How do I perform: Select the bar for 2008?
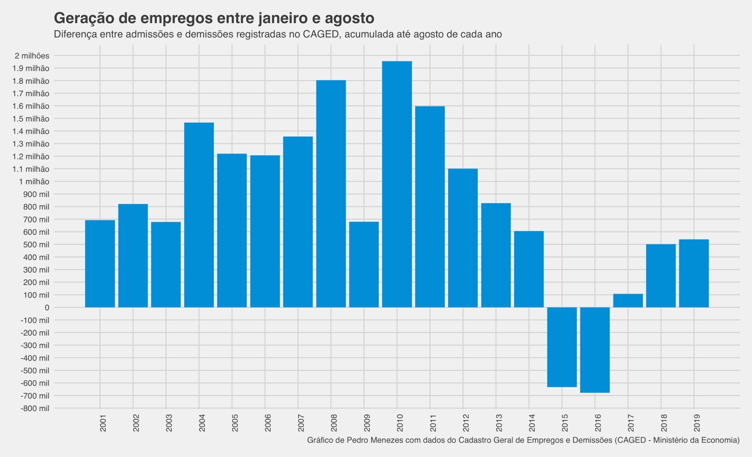point(331,193)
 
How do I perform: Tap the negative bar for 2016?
point(595,350)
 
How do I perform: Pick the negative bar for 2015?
point(562,347)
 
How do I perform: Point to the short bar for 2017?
point(628,301)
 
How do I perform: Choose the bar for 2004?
point(199,215)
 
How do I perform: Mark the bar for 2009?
point(364,264)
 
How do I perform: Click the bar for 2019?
point(694,273)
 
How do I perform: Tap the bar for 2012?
point(463,238)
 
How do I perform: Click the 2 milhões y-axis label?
point(32,56)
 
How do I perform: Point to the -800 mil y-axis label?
point(35,408)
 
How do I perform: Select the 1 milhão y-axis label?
point(34,182)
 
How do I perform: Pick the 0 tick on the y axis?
point(46,308)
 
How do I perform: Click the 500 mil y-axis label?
point(36,244)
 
